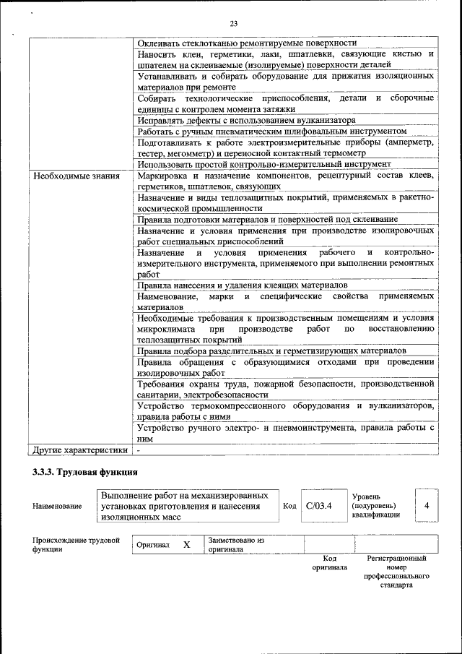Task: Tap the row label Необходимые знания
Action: (69, 176)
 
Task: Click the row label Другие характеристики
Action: (81, 450)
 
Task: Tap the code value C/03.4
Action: (318, 505)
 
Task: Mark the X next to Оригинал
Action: (186, 545)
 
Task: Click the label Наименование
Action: (57, 507)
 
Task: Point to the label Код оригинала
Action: (329, 563)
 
